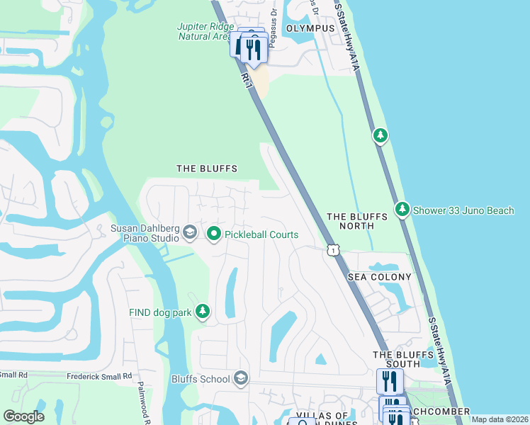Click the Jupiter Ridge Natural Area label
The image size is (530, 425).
203,32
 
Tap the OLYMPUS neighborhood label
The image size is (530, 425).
310,28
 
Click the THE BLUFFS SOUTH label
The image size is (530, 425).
397,359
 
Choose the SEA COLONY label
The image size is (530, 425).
379,277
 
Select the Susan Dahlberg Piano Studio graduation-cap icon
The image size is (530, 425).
189,232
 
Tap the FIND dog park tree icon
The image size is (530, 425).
203,312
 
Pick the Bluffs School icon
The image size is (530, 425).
241,378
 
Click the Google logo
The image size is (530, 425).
23,416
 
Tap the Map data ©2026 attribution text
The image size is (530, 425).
500,419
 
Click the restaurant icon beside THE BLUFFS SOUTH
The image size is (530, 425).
390,381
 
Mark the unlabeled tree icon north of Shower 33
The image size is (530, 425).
380,135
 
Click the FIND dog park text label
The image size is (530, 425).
161,312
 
